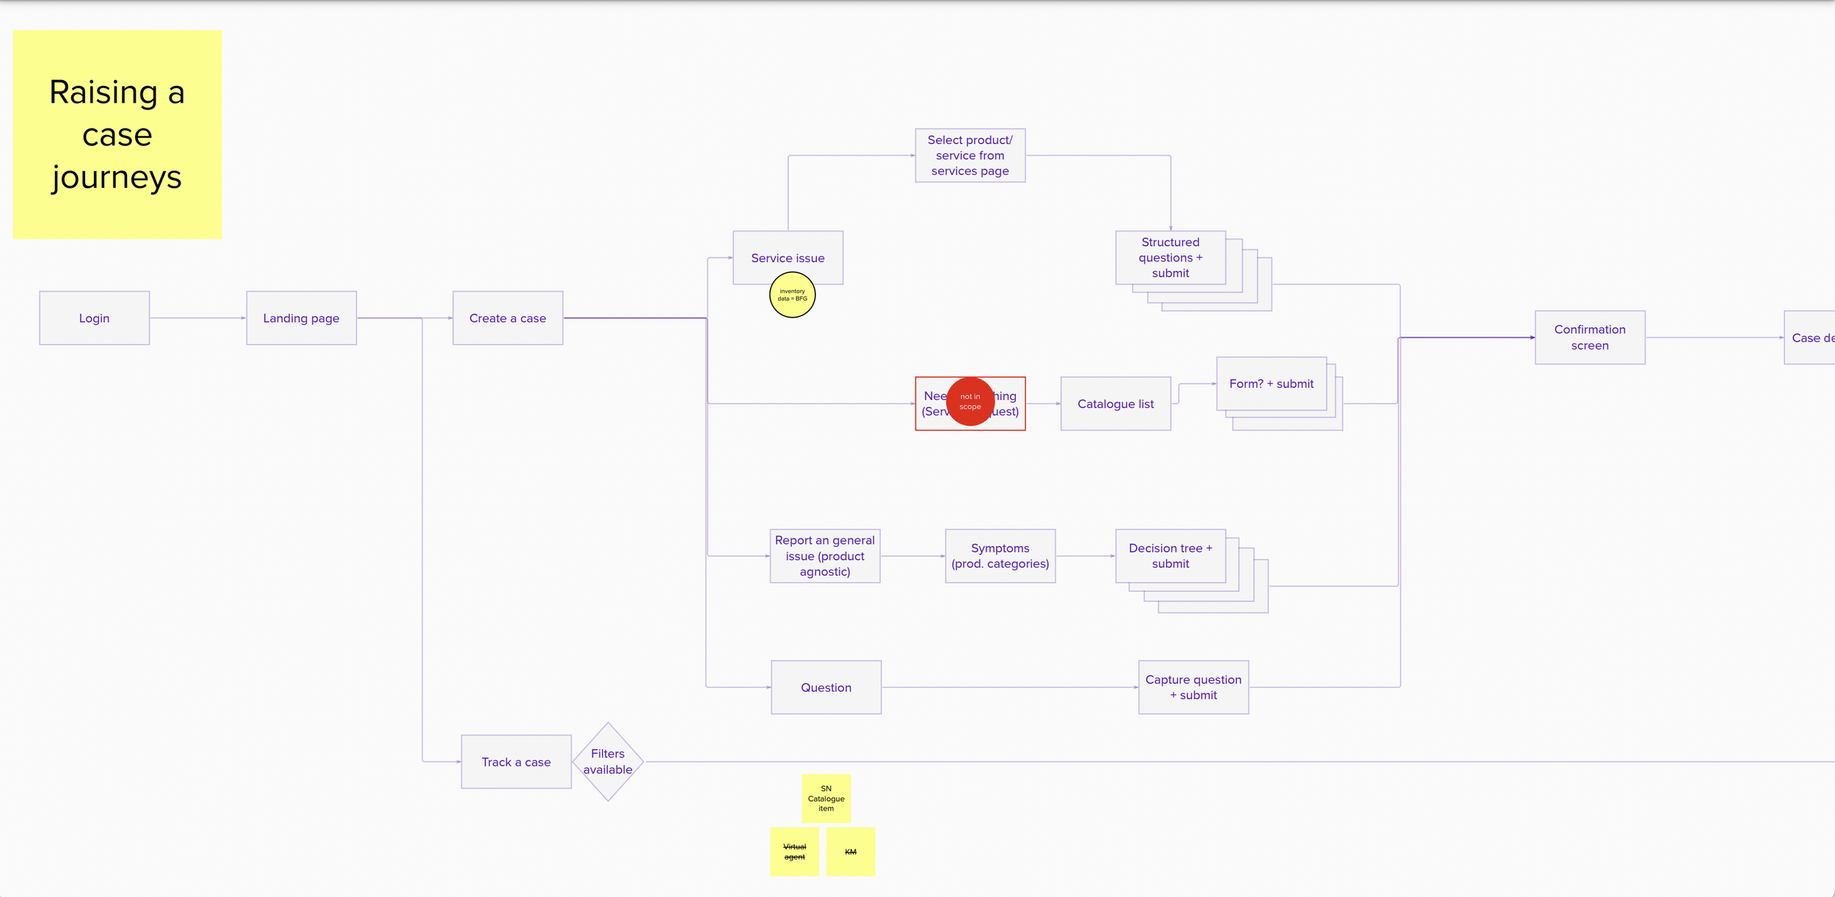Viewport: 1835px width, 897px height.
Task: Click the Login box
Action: (x=94, y=318)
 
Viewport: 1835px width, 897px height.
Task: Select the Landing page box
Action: (x=301, y=318)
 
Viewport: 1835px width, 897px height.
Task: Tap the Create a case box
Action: (x=507, y=318)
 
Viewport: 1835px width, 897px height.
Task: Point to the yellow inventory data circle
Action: (x=792, y=295)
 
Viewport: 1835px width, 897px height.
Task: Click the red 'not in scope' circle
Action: (x=970, y=402)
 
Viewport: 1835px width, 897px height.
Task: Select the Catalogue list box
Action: (x=1115, y=404)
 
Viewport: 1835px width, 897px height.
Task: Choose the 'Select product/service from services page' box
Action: (x=970, y=156)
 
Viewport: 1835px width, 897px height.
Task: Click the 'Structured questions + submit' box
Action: (x=1170, y=258)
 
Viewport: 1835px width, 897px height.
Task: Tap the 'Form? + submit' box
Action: (x=1271, y=384)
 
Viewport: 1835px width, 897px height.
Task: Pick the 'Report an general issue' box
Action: (x=824, y=556)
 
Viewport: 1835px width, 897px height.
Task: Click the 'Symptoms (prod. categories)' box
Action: (x=1000, y=556)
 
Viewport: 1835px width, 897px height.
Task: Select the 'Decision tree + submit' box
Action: (x=1170, y=556)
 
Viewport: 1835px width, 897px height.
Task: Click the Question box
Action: (x=826, y=687)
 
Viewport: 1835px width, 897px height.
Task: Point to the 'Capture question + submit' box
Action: (x=1193, y=687)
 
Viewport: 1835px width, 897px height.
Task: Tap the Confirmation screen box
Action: (x=1589, y=338)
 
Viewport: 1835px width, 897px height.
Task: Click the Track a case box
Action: (x=516, y=762)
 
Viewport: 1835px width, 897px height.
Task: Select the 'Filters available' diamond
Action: (x=608, y=762)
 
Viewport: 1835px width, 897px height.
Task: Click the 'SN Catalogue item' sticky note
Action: (x=826, y=798)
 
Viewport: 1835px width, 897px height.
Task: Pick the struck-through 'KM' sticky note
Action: (x=850, y=851)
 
